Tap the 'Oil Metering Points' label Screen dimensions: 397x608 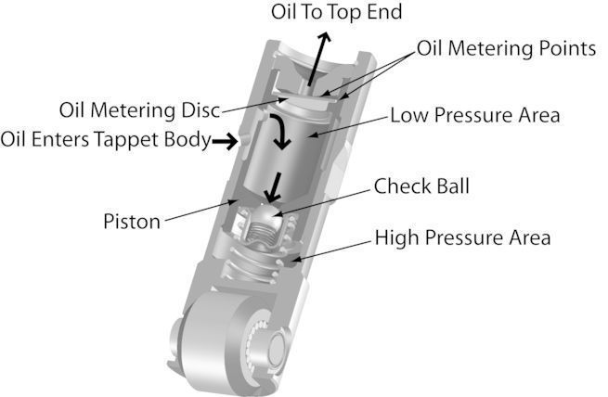[x=505, y=47]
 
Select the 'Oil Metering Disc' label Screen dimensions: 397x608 [x=139, y=109]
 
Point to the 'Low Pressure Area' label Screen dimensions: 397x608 [x=474, y=116]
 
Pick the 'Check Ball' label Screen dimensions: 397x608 [x=422, y=186]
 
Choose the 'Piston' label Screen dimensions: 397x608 [x=134, y=222]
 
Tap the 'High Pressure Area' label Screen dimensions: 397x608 [x=462, y=237]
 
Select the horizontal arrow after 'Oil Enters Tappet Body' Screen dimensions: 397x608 [x=224, y=141]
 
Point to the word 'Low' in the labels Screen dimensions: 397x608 [x=407, y=116]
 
